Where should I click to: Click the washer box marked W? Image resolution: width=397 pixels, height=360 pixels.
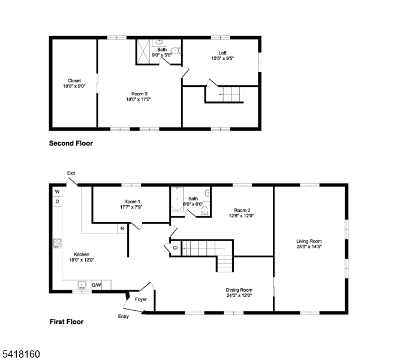pos(57,191)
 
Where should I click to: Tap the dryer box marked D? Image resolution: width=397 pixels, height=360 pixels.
pos(57,202)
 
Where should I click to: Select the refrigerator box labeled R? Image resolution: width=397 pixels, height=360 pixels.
pos(122,229)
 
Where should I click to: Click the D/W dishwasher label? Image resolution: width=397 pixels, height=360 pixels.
pos(96,285)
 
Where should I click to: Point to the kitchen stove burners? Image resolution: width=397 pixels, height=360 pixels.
pos(57,243)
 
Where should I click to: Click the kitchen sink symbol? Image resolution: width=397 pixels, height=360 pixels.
pos(82,285)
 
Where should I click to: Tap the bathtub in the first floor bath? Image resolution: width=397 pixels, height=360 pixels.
pos(177,199)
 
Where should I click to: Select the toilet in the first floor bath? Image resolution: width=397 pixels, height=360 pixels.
pos(204,211)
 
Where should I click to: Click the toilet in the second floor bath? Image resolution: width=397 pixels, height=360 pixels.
pos(176,50)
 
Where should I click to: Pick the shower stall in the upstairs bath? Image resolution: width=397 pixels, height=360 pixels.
pos(143,52)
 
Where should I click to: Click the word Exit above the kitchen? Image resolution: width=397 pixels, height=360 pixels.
pos(71,173)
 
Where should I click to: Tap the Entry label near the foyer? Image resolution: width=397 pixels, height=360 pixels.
pos(124,316)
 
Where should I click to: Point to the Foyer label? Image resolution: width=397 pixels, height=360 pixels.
pos(141,299)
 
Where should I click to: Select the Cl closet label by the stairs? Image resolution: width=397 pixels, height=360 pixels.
pos(175,248)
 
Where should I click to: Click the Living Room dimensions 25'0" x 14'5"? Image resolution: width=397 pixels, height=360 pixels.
pos(309,247)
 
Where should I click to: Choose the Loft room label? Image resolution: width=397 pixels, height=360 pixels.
pos(222,53)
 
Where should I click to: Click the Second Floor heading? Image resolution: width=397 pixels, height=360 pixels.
pos(71,143)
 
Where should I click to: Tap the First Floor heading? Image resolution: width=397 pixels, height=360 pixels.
pos(67,322)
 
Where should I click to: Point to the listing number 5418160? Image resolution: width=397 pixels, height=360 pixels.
pos(21,354)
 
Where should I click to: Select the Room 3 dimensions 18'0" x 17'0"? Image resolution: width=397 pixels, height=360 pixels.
pos(139,100)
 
